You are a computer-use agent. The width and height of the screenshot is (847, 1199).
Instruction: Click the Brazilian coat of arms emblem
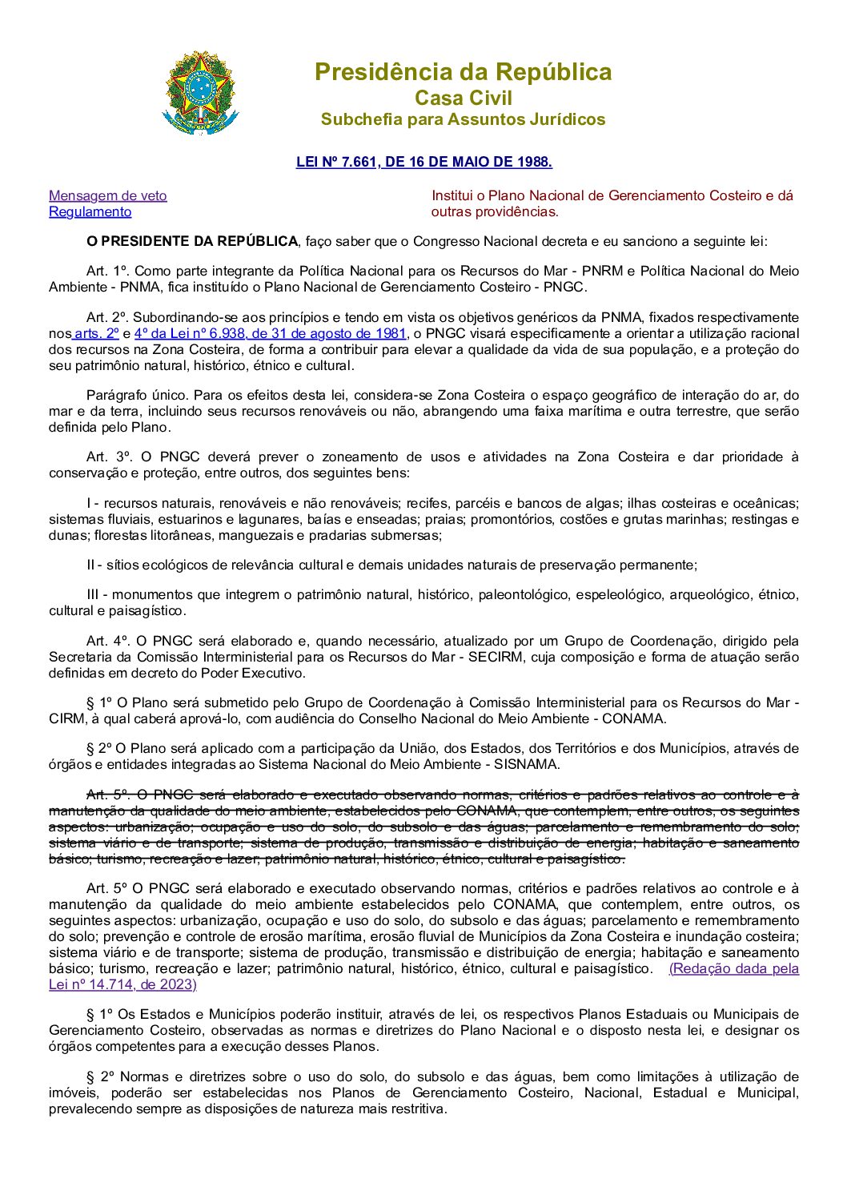200,93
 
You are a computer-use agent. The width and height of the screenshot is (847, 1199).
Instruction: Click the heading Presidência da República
463,72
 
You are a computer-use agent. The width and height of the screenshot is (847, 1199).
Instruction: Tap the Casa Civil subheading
463,99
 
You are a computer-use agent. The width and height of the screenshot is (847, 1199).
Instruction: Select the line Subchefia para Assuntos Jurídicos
463,119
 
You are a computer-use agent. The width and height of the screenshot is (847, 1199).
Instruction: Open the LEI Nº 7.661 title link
423,162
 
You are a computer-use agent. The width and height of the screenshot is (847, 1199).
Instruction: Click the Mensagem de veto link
108,195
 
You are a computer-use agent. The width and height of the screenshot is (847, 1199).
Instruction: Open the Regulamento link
90,211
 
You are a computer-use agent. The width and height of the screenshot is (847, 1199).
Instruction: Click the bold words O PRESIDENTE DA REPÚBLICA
191,241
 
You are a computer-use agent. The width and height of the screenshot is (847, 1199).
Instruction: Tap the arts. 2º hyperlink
97,334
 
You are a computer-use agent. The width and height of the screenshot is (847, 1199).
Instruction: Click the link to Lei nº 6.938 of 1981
271,334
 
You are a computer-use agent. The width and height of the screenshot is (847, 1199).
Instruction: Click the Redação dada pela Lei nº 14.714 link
733,969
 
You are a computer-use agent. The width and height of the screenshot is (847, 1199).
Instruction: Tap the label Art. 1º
107,272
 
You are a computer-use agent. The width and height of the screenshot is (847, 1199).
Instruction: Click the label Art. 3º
109,457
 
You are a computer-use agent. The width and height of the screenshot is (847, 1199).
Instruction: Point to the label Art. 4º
108,642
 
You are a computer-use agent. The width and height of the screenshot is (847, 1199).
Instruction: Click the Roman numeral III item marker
95,595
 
